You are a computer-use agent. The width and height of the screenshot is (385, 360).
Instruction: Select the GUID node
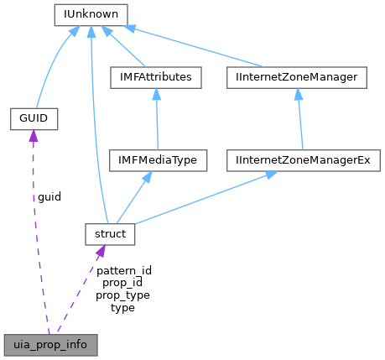point(33,119)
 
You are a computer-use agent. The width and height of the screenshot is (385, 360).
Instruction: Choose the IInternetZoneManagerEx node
point(303,159)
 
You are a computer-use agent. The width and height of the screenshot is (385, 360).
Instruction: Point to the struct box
point(110,234)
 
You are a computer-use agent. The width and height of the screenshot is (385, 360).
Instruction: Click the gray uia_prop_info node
point(49,344)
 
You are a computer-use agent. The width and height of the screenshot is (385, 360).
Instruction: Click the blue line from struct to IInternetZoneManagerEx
point(210,198)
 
